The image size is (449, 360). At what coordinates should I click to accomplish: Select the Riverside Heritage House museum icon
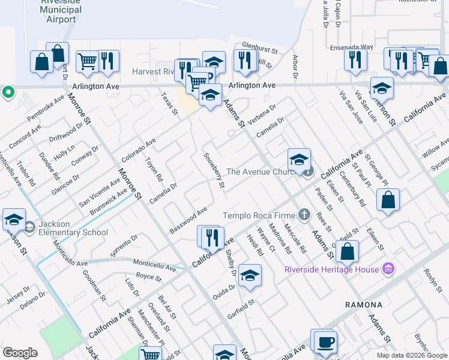click(388, 268)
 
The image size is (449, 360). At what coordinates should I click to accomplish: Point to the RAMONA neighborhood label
click(364, 305)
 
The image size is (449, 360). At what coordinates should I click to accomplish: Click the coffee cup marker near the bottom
click(325, 341)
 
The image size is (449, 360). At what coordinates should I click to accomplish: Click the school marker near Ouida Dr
click(250, 275)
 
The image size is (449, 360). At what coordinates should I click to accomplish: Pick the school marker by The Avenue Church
click(299, 160)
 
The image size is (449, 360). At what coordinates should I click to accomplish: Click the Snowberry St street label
click(214, 170)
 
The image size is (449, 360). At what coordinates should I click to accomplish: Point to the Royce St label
click(149, 277)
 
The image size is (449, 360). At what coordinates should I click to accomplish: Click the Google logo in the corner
click(20, 353)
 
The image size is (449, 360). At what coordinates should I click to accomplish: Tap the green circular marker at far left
click(8, 92)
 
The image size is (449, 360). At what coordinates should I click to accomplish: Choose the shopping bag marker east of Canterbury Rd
click(388, 200)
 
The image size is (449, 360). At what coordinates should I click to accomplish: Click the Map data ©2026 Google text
click(411, 355)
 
